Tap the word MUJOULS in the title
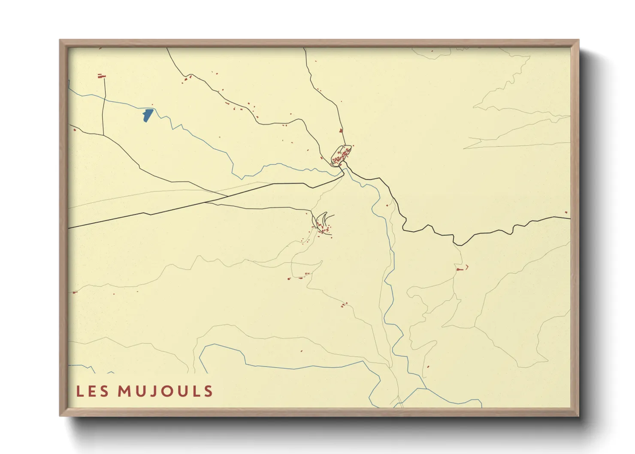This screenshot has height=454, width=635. click(x=165, y=391)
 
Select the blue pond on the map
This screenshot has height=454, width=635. click(x=147, y=115)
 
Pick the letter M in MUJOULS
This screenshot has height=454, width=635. click(x=124, y=391)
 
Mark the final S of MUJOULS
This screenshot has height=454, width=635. click(x=209, y=391)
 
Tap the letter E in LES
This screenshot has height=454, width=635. click(x=92, y=391)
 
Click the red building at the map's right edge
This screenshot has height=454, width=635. click(x=566, y=212)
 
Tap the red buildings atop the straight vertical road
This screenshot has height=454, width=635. click(x=102, y=76)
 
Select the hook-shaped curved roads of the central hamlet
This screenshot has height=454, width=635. click(x=323, y=221)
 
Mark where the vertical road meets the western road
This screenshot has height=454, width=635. click(x=103, y=135)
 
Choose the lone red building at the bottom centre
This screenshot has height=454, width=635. click(x=302, y=351)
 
